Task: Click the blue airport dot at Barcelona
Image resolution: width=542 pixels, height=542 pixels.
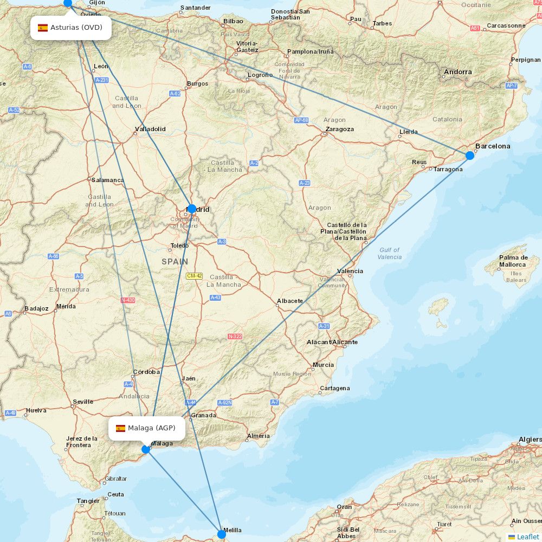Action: pyautogui.click(x=470, y=156)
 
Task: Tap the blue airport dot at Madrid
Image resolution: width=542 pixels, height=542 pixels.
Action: pyautogui.click(x=191, y=209)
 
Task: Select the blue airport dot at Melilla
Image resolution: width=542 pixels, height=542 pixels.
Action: pyautogui.click(x=222, y=534)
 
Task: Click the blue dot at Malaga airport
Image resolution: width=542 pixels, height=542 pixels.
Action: pyautogui.click(x=146, y=449)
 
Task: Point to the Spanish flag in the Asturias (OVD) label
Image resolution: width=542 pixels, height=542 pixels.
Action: pyautogui.click(x=43, y=28)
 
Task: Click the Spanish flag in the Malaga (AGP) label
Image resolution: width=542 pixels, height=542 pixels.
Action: pyautogui.click(x=120, y=428)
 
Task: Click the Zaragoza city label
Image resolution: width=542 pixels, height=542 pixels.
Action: pyautogui.click(x=340, y=129)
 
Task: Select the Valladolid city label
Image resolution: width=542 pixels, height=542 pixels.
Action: pyautogui.click(x=150, y=129)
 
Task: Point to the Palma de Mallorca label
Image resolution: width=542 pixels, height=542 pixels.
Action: pyautogui.click(x=513, y=261)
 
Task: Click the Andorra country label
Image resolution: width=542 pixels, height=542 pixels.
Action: pyautogui.click(x=458, y=72)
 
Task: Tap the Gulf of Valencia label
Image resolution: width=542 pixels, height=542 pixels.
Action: pyautogui.click(x=390, y=253)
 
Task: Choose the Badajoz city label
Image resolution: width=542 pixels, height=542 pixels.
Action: pyautogui.click(x=36, y=308)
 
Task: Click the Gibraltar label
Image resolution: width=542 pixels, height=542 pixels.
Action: pyautogui.click(x=115, y=479)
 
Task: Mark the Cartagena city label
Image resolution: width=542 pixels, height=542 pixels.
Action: pyautogui.click(x=334, y=388)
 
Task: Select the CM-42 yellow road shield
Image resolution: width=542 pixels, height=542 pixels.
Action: pyautogui.click(x=194, y=276)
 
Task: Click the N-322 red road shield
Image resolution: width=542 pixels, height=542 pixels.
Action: pyautogui.click(x=235, y=337)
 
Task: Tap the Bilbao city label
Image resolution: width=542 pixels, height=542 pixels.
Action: pyautogui.click(x=233, y=22)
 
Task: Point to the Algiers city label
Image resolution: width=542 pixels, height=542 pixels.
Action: pyautogui.click(x=530, y=439)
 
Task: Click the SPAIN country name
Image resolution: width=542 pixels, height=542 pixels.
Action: pyautogui.click(x=175, y=261)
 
